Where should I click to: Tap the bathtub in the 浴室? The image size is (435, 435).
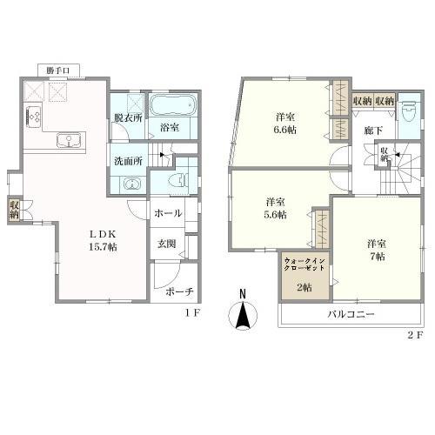171,108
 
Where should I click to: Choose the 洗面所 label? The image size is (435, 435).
127,162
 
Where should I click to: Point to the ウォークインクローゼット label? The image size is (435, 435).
304,264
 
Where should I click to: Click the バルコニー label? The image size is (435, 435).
350,314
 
